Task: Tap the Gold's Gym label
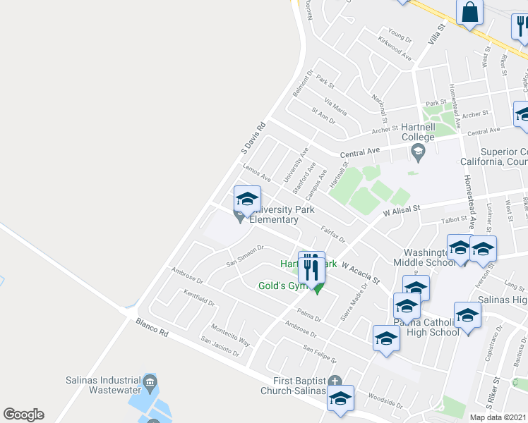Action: click(x=282, y=286)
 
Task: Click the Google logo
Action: click(x=23, y=415)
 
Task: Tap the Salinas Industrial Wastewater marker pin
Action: click(x=149, y=384)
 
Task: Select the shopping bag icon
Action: click(x=469, y=12)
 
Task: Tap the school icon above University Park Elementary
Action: click(x=248, y=200)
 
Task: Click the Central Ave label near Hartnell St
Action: click(x=360, y=152)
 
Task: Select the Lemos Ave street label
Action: click(x=256, y=173)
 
